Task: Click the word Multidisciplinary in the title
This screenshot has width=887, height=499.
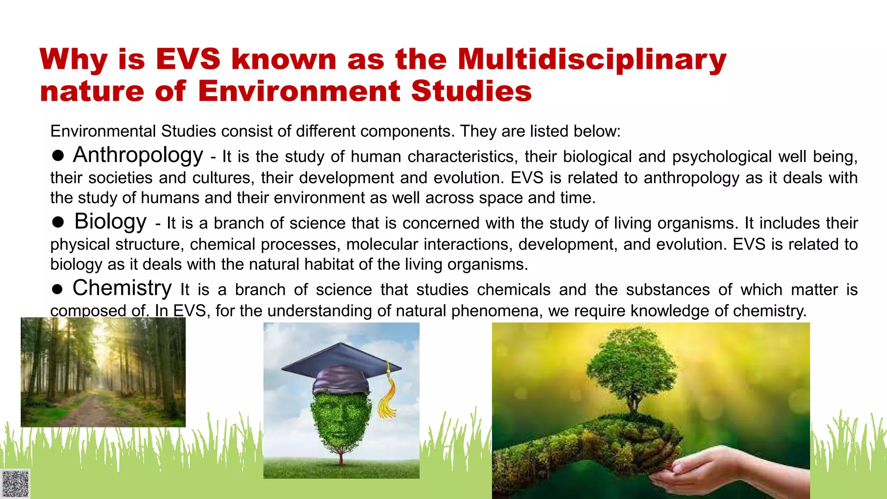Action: (x=592, y=59)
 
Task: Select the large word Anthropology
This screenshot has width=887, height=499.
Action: (x=138, y=155)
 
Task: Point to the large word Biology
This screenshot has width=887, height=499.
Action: (x=110, y=221)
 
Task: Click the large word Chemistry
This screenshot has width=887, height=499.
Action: (x=122, y=288)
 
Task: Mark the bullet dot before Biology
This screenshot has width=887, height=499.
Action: (x=58, y=222)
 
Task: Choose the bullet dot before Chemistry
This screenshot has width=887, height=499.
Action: (x=58, y=289)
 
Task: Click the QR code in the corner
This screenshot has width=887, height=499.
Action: (x=15, y=483)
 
